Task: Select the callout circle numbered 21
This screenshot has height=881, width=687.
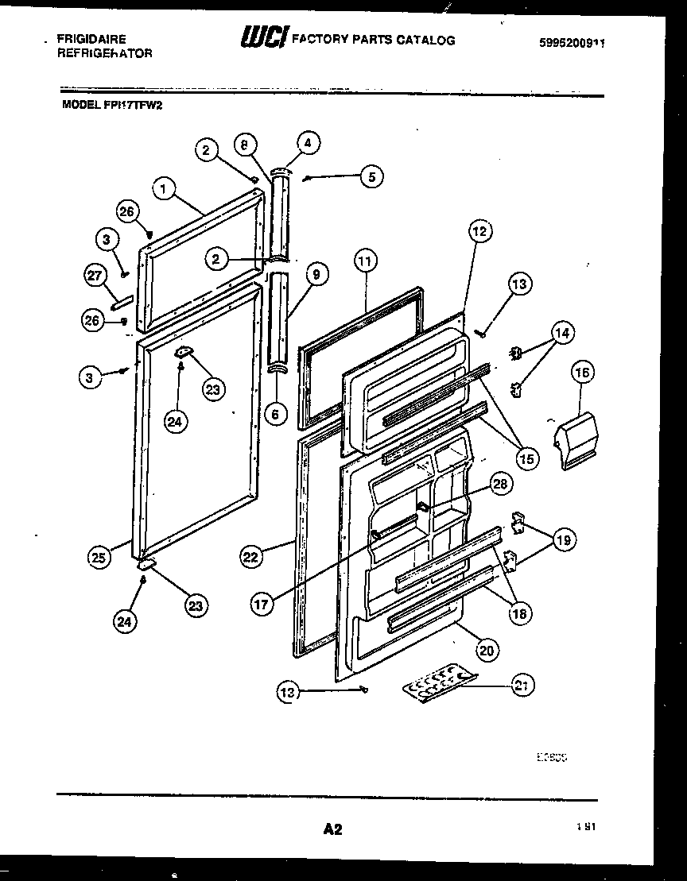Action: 522,684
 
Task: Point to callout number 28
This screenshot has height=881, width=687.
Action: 499,483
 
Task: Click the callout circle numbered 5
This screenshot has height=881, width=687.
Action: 370,177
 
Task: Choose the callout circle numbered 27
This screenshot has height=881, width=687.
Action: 96,276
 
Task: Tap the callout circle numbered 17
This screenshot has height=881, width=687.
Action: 262,604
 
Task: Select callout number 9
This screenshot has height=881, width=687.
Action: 316,276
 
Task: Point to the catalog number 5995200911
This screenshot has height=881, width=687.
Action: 572,46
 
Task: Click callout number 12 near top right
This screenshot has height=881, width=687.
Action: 479,231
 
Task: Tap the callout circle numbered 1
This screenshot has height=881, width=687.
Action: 163,189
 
